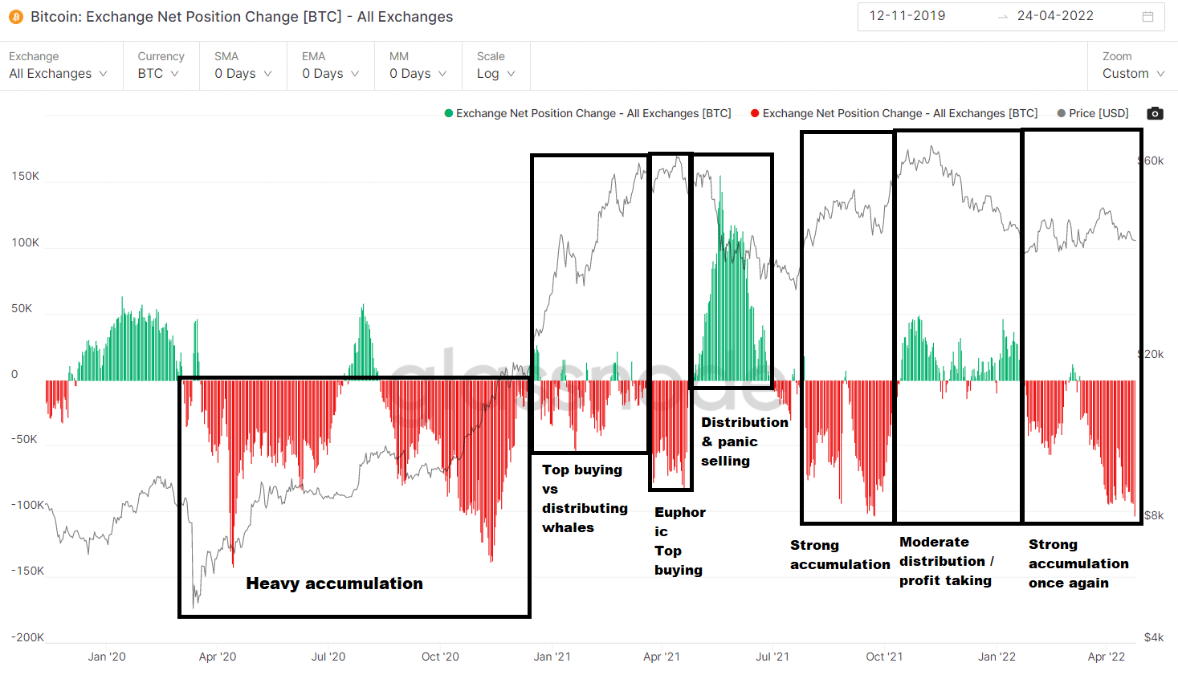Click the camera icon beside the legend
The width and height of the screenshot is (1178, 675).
pyautogui.click(x=1155, y=113)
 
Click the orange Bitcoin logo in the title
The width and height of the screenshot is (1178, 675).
pyautogui.click(x=16, y=17)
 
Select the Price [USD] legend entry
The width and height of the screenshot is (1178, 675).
pyautogui.click(x=1093, y=113)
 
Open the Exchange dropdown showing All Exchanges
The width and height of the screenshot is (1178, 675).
pyautogui.click(x=58, y=74)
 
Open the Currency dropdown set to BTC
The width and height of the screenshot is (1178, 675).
pyautogui.click(x=158, y=74)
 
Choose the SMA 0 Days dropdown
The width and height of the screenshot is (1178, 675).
pyautogui.click(x=243, y=74)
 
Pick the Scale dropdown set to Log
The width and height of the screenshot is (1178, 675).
pyautogui.click(x=495, y=74)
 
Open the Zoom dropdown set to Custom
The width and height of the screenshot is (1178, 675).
pyautogui.click(x=1133, y=74)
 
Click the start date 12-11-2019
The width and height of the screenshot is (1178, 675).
pyautogui.click(x=907, y=16)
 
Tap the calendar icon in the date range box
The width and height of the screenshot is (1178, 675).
pyautogui.click(x=1148, y=17)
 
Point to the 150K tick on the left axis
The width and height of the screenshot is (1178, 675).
pyautogui.click(x=25, y=176)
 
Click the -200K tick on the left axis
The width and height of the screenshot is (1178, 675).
pyautogui.click(x=27, y=637)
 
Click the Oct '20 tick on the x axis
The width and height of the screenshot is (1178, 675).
pyautogui.click(x=440, y=657)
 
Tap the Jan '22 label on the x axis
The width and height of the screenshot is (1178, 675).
pyautogui.click(x=997, y=657)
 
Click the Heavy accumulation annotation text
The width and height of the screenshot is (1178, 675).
pyautogui.click(x=334, y=584)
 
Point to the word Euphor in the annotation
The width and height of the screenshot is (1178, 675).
pyautogui.click(x=680, y=512)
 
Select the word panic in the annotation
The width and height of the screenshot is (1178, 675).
pyautogui.click(x=738, y=441)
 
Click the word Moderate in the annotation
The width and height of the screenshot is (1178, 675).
pyautogui.click(x=934, y=542)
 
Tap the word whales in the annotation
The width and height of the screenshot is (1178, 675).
pyautogui.click(x=568, y=527)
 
